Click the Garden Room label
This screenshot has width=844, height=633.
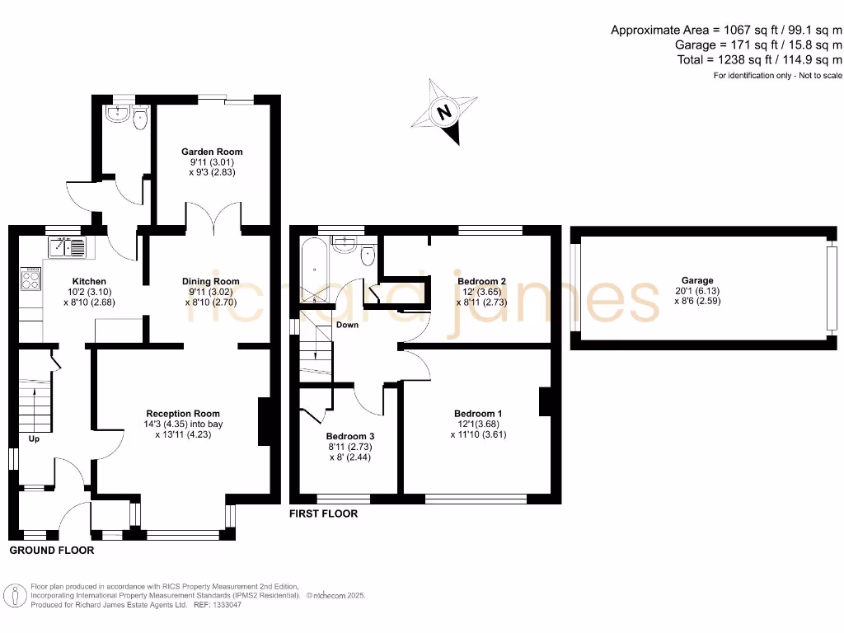pos(212,152)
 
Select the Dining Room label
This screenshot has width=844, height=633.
pos(210,281)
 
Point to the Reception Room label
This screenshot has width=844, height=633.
pos(183,413)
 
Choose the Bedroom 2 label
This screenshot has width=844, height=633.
pos(481,281)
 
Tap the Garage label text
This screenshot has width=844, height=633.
pos(697,280)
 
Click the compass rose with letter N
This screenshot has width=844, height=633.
pos(446,112)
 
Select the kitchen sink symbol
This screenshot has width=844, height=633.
pos(68,246)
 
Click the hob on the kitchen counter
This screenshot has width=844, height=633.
pos(30,279)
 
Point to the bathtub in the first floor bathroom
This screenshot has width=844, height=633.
pos(314,271)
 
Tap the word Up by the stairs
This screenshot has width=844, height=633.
pos(35,438)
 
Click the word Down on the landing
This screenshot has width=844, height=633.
pos(348,325)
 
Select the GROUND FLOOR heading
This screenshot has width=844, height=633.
pos(51,550)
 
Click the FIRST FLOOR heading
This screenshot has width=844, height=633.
pos(323,513)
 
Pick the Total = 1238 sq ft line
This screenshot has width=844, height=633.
pos(759,59)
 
